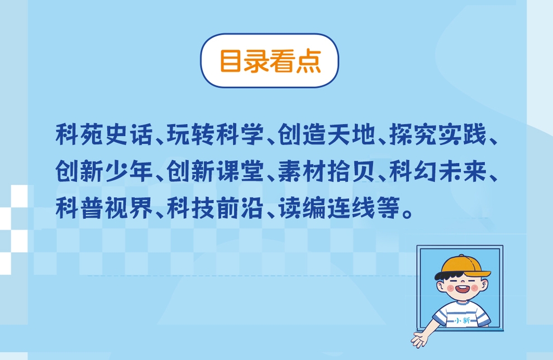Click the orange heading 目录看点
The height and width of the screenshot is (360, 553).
[x=270, y=61]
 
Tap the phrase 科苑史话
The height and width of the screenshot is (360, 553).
[x=104, y=135]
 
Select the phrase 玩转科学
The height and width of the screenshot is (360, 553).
[x=216, y=135]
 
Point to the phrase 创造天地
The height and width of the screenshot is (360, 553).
[x=327, y=135]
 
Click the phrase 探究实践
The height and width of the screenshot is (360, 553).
[x=438, y=135]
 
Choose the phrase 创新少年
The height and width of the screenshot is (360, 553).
[x=104, y=171]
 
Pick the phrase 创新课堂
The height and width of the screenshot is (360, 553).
[x=216, y=171]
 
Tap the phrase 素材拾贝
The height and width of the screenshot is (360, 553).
[x=327, y=171]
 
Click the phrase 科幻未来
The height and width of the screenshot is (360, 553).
[x=438, y=171]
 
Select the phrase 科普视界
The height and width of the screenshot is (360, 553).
[x=104, y=208]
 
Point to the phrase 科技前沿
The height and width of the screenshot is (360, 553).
[x=216, y=208]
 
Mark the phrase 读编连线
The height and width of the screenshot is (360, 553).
[x=327, y=208]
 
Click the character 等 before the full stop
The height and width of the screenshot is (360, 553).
[x=388, y=208]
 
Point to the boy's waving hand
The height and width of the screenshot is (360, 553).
[x=419, y=339]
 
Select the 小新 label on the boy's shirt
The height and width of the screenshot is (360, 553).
[x=463, y=320]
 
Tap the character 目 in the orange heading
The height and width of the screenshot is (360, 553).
[x=231, y=61]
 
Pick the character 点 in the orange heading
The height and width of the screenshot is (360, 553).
[x=308, y=61]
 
